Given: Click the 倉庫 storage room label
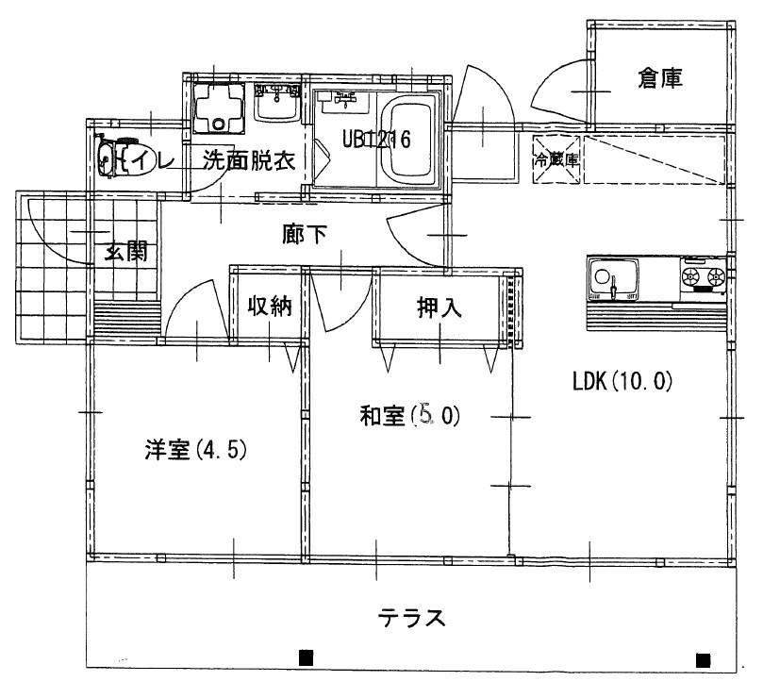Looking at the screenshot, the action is click(x=660, y=79).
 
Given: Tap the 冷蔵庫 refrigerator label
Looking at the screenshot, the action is click(x=557, y=161).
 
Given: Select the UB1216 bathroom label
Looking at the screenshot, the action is click(x=376, y=141).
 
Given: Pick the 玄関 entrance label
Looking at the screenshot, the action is click(x=126, y=252).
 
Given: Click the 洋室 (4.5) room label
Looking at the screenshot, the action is click(x=195, y=450).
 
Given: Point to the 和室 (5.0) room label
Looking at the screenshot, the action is click(x=408, y=415).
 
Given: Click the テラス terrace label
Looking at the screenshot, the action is click(x=411, y=619).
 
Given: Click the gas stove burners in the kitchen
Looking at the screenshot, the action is click(x=704, y=277).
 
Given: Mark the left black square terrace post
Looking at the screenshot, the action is click(x=305, y=657).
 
